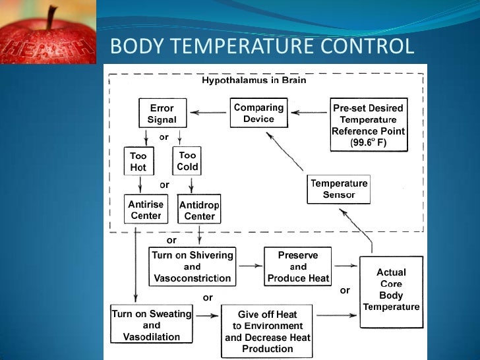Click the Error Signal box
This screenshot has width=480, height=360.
click(162, 113)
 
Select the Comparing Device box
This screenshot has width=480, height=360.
click(258, 113)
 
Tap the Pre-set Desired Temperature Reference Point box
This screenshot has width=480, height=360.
click(368, 125)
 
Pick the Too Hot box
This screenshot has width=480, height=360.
click(138, 162)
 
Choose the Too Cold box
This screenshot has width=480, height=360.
click(187, 161)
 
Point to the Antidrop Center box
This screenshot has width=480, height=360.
click(199, 210)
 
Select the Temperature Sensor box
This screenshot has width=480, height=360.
click(339, 189)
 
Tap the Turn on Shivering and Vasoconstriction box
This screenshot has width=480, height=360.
click(192, 266)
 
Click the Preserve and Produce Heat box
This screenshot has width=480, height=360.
click(297, 266)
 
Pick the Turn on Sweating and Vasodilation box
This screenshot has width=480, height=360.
click(151, 325)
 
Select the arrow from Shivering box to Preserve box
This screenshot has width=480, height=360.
click(249, 266)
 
